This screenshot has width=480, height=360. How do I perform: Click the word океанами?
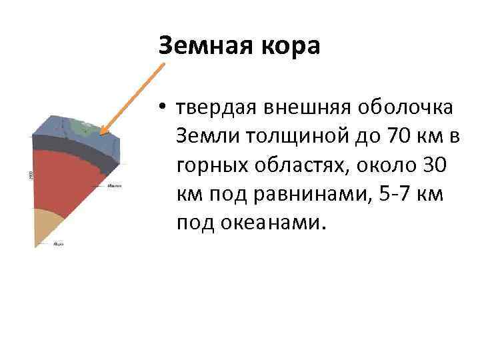coord(275,223)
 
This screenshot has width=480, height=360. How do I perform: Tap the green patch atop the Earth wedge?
coord(83,126)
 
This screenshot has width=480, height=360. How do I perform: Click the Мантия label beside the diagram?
coord(113,186)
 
